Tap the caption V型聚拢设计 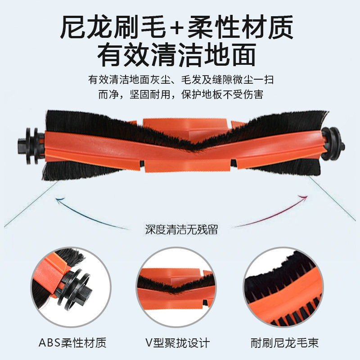pyautogui.click(x=180, y=343)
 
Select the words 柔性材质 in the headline pyautogui.click(x=241, y=27)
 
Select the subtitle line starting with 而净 pyautogui.click(x=180, y=95)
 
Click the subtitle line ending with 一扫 pyautogui.click(x=180, y=80)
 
